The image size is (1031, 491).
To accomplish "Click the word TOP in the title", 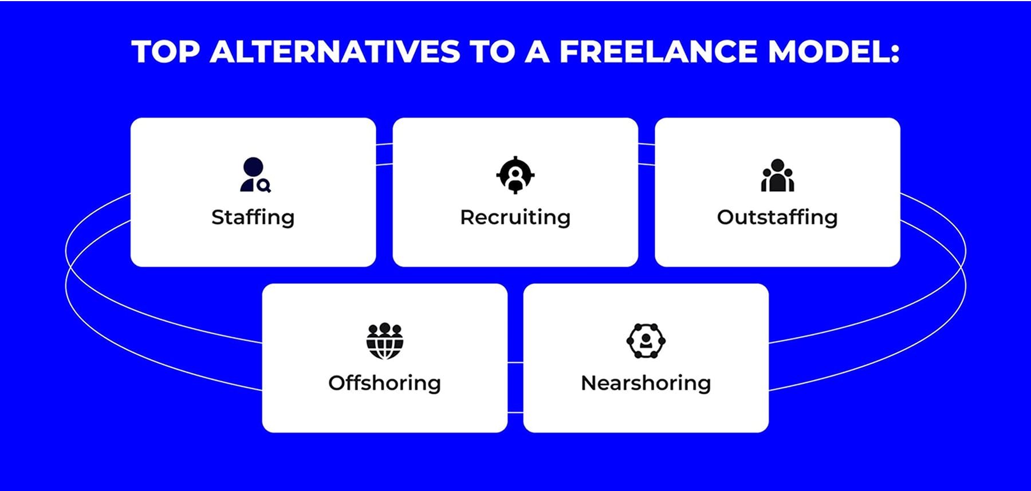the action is [166, 52].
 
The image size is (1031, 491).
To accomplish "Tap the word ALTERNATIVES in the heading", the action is [335, 52].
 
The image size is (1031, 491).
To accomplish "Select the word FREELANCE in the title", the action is [658, 52].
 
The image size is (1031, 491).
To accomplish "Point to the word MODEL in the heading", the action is [827, 52].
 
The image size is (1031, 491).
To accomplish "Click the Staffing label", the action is [253, 217].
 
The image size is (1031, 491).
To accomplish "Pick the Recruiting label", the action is [515, 217].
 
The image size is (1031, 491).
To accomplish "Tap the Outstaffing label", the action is [777, 217].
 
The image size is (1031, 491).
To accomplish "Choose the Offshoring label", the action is [384, 383].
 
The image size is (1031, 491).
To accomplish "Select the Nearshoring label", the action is [646, 383].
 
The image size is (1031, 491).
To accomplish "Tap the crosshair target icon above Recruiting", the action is [515, 175].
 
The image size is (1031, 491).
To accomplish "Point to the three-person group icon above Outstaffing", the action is [777, 175].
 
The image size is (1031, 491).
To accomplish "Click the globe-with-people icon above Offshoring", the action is [385, 340].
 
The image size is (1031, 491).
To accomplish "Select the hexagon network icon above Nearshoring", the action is [646, 340].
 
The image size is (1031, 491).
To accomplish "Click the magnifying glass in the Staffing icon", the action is [264, 185].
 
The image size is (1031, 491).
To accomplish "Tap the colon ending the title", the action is [895, 53].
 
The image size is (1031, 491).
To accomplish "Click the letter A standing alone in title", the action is [537, 52].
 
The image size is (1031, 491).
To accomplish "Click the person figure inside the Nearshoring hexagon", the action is [646, 340].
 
